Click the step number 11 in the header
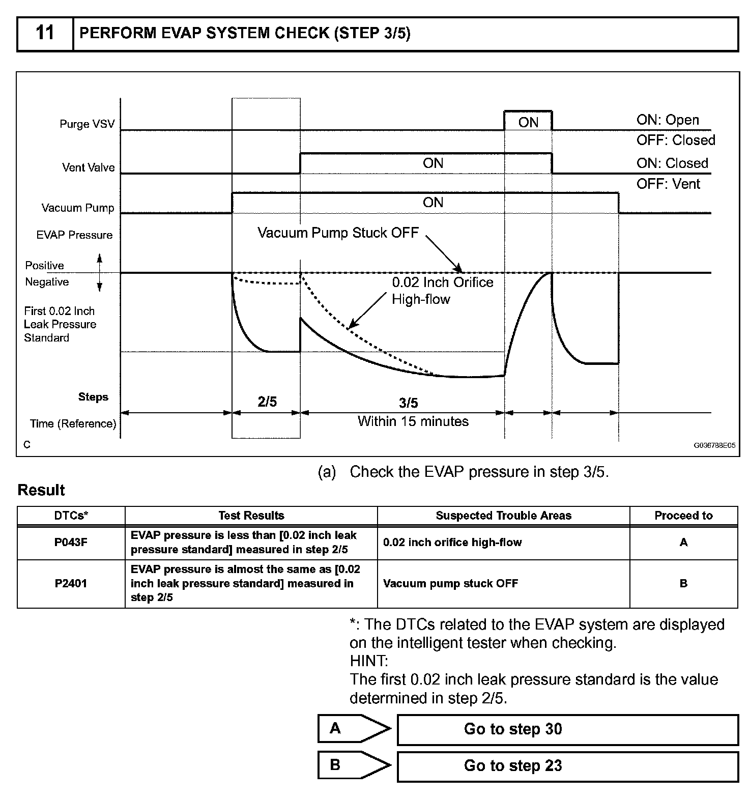click(x=45, y=34)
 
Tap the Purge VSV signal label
click(x=87, y=124)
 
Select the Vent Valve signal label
click(x=88, y=167)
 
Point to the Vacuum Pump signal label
click(x=78, y=208)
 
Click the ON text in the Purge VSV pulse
click(x=528, y=122)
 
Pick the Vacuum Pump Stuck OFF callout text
click(x=338, y=233)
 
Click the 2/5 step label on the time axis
click(x=267, y=402)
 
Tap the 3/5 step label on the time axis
click(x=408, y=403)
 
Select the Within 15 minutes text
click(x=413, y=421)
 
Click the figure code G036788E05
click(x=714, y=445)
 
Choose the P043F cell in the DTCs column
click(x=71, y=543)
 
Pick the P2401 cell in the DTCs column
click(x=71, y=584)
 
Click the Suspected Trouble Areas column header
click(x=503, y=516)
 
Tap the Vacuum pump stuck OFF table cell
click(x=450, y=584)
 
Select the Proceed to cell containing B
click(x=683, y=584)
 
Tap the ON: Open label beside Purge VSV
click(x=668, y=120)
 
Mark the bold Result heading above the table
click(x=41, y=490)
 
